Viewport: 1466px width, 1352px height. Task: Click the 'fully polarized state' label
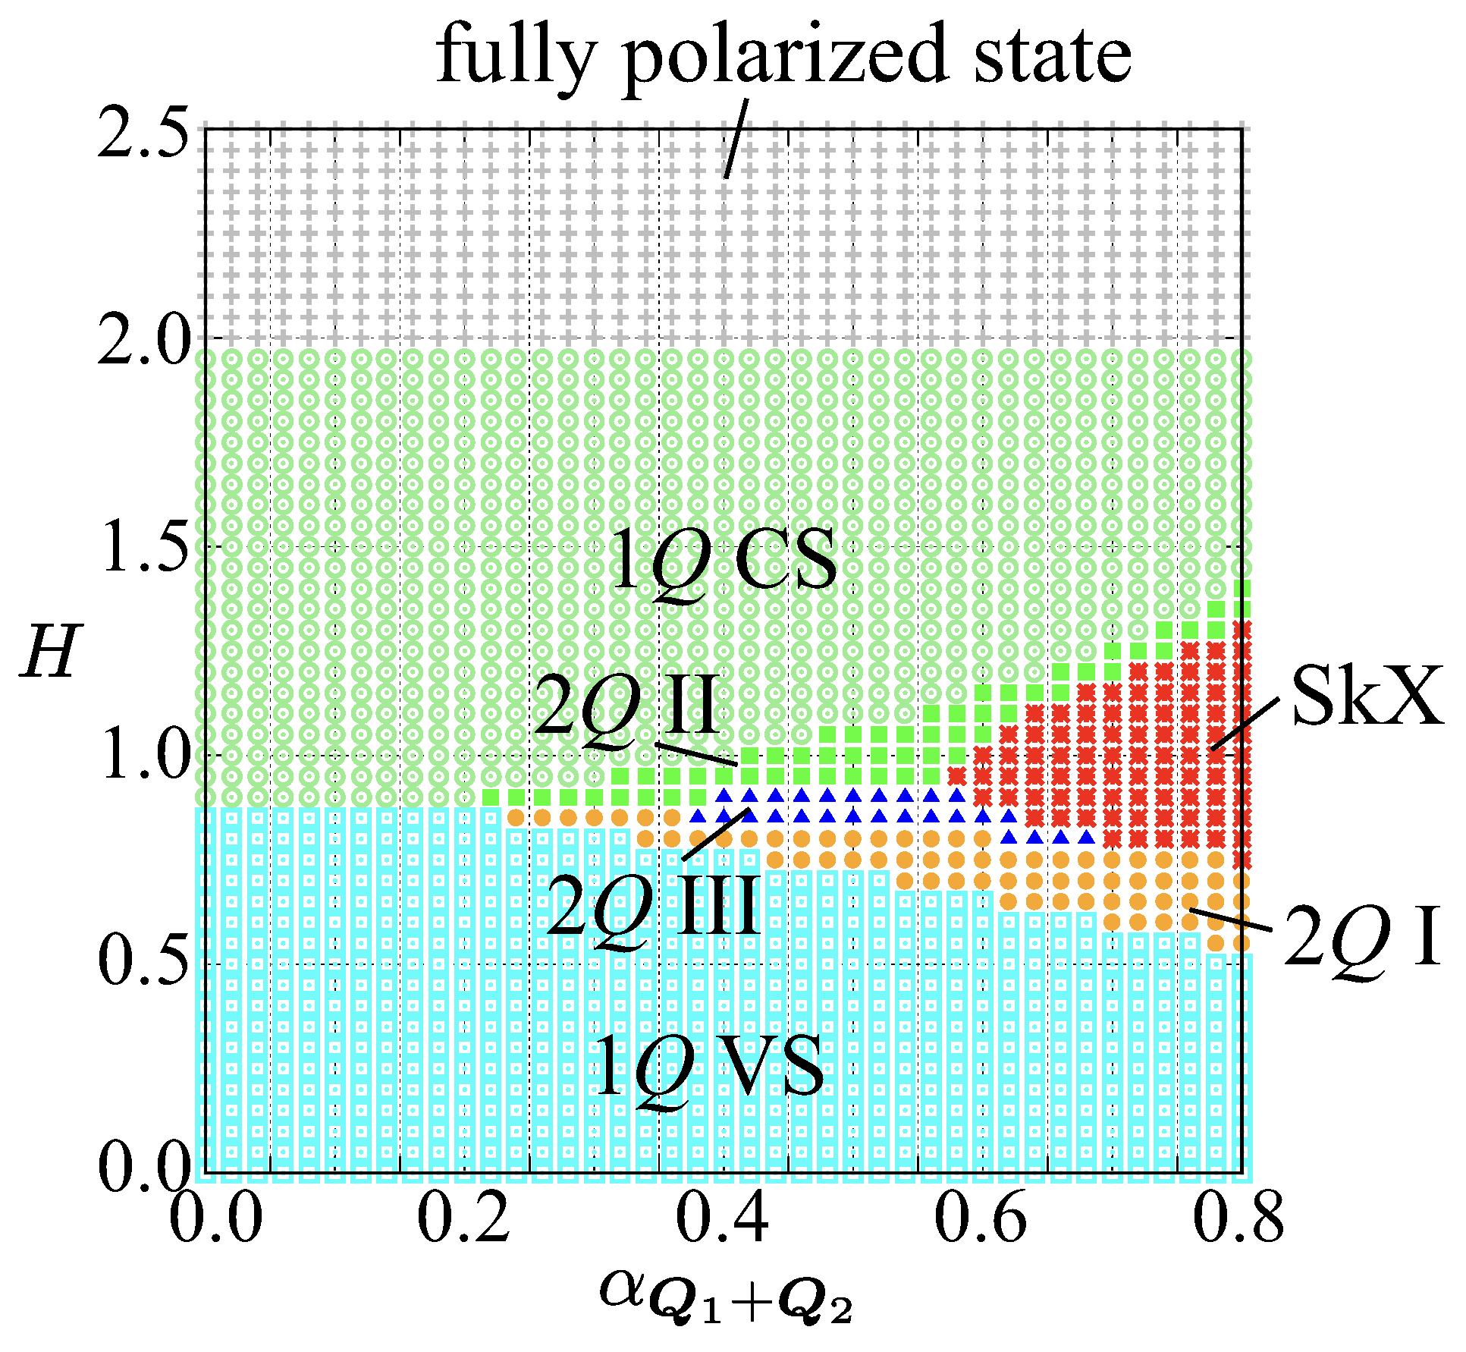(x=783, y=55)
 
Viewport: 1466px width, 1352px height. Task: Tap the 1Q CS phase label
(x=724, y=561)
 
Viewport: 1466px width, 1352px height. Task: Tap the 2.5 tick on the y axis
(x=143, y=131)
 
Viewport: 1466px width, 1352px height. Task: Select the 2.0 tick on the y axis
(x=143, y=339)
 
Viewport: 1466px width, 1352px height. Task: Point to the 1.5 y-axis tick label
(x=143, y=548)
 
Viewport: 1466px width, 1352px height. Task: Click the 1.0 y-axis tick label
(x=143, y=756)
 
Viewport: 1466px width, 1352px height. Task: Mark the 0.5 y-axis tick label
(x=143, y=964)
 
